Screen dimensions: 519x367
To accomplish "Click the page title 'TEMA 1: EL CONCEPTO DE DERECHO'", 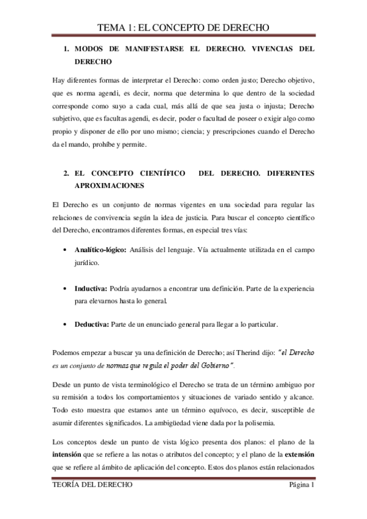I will coord(184,27).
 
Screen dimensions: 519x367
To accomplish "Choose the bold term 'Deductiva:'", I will coord(93,324).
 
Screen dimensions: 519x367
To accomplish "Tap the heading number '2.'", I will coord(66,173).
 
